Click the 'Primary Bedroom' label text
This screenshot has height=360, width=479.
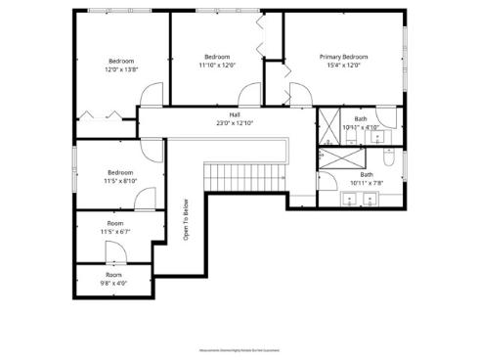(343, 57)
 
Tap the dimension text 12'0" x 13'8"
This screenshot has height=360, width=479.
(122, 69)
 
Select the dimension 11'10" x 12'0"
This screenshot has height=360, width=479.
(217, 66)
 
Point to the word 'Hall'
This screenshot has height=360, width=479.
(235, 114)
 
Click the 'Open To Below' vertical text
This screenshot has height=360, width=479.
(186, 220)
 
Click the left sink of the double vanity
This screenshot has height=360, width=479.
(351, 201)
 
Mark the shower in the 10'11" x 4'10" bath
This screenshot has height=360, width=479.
(326, 124)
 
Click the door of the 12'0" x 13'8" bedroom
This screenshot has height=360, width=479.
(152, 96)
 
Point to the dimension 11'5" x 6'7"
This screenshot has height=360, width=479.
(114, 232)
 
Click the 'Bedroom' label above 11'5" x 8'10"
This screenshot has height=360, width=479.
(120, 171)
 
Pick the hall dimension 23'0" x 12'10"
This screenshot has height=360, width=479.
(235, 123)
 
